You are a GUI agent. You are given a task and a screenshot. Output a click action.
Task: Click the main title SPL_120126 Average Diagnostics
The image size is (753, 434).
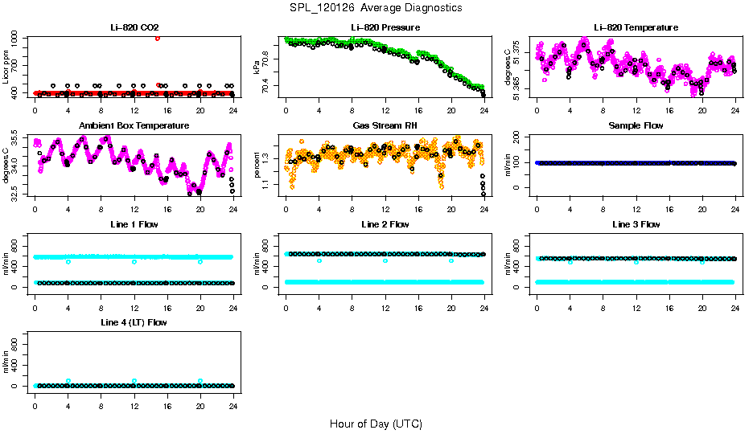pyautogui.click(x=377, y=7)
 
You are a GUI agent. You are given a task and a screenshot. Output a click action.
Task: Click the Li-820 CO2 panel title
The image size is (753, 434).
pyautogui.click(x=134, y=27)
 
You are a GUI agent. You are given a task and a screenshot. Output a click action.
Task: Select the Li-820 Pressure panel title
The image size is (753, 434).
pyautogui.click(x=385, y=27)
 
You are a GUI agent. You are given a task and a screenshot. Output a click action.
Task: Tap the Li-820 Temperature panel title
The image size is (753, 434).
pyautogui.click(x=636, y=27)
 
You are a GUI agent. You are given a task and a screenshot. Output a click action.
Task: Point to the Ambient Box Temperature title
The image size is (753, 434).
pyautogui.click(x=134, y=125)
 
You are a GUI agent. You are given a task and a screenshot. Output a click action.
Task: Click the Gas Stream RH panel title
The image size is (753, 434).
pyautogui.click(x=385, y=125)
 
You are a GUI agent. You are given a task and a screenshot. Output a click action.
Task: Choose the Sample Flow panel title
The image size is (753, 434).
pyautogui.click(x=636, y=125)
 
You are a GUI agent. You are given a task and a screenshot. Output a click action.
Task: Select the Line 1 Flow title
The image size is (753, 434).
pyautogui.click(x=134, y=224)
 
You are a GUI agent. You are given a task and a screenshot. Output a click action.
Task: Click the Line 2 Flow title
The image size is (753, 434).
pyautogui.click(x=385, y=224)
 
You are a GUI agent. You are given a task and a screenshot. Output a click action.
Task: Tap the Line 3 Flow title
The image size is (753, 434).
pyautogui.click(x=636, y=224)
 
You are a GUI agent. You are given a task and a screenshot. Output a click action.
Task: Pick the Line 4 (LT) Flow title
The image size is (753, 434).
pyautogui.click(x=134, y=322)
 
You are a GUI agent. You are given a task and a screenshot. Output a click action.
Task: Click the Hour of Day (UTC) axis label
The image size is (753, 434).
pyautogui.click(x=376, y=424)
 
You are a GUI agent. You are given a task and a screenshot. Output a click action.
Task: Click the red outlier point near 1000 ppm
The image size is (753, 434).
pyautogui.click(x=158, y=38)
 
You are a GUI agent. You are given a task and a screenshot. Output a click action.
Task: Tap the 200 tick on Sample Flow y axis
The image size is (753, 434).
pyautogui.click(x=522, y=137)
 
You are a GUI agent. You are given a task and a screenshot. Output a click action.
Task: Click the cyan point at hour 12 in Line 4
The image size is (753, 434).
pyautogui.click(x=134, y=381)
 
